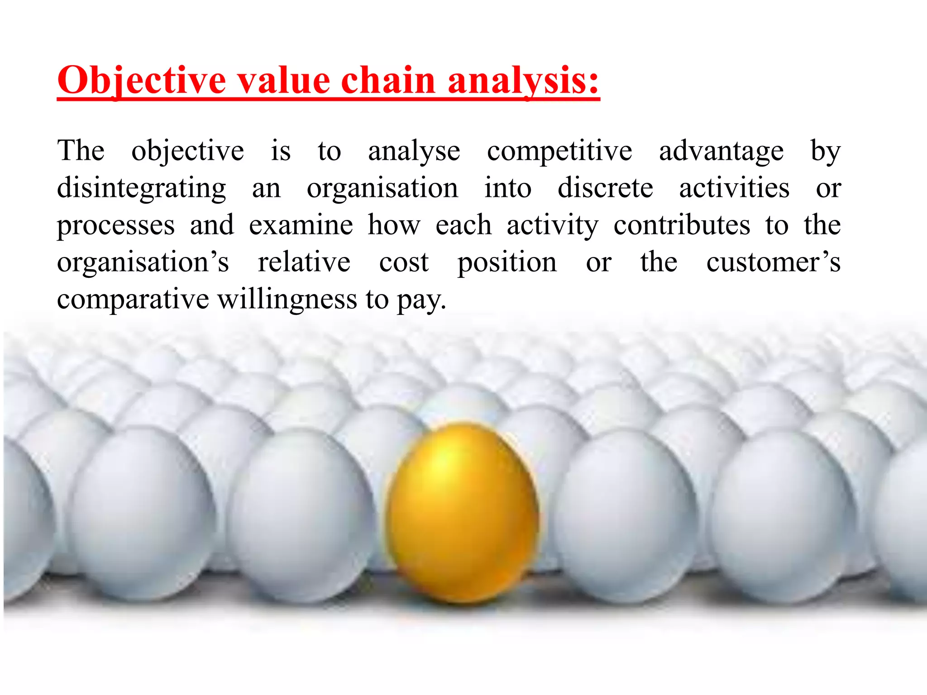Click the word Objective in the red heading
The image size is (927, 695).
(x=142, y=81)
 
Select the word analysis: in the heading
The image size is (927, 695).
(x=523, y=81)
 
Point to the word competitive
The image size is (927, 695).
(x=559, y=151)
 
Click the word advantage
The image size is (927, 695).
(x=721, y=151)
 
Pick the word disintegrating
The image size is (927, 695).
(x=141, y=188)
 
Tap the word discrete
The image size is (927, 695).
(x=605, y=188)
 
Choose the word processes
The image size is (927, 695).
(x=115, y=225)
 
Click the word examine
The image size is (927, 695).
(x=301, y=225)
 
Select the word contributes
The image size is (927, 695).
(x=681, y=225)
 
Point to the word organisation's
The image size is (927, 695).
(x=143, y=262)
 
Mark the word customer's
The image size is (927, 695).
(x=773, y=262)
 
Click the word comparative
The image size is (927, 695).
(x=133, y=300)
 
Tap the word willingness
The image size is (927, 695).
(x=287, y=300)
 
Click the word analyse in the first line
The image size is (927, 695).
(x=414, y=151)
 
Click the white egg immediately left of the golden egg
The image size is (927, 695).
(x=301, y=511)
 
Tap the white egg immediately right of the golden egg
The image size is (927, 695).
(x=625, y=511)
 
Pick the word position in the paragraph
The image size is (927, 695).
(x=507, y=262)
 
